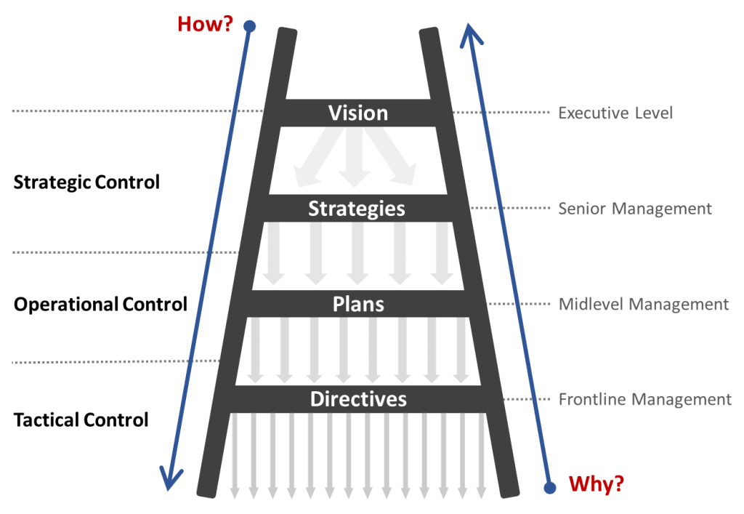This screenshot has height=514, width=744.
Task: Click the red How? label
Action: click(206, 25)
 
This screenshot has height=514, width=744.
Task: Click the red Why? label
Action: click(596, 483)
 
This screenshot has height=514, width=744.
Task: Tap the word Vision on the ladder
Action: click(358, 113)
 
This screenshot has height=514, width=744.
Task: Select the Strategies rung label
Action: click(356, 209)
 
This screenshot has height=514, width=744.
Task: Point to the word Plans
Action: click(358, 304)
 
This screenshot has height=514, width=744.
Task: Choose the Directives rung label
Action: click(358, 399)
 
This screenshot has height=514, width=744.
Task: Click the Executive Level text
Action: click(615, 113)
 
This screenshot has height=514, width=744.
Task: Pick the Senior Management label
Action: click(635, 209)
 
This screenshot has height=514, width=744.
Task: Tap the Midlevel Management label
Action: click(644, 304)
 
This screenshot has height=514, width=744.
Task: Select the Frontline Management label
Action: click(644, 400)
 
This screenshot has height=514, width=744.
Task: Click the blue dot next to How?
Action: click(250, 26)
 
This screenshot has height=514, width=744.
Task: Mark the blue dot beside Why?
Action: click(550, 485)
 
